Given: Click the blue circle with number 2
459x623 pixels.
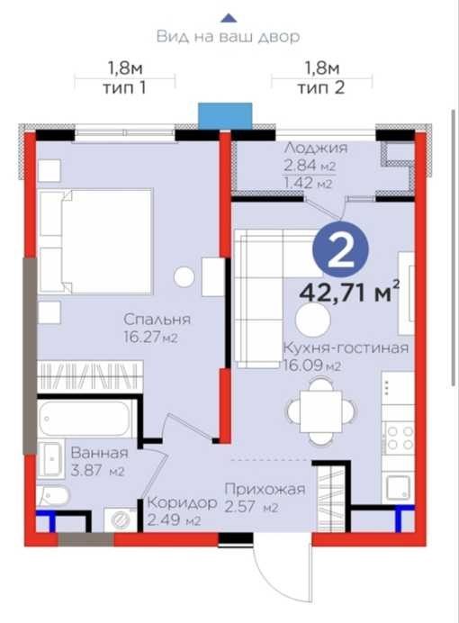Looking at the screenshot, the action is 341,250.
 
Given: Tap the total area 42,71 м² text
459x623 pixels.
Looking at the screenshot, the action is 349,293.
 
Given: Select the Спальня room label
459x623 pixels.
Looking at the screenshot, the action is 157,320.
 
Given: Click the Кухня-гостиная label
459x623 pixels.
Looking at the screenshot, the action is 346,348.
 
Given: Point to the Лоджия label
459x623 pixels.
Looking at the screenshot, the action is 316,148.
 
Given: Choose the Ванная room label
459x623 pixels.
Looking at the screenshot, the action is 100,453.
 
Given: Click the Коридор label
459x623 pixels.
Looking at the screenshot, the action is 182,502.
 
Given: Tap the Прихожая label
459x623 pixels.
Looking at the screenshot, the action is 265,489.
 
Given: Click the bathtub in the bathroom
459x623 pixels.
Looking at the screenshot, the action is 86,418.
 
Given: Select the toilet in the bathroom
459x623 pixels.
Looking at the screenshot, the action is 53,496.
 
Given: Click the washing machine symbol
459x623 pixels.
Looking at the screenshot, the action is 121,519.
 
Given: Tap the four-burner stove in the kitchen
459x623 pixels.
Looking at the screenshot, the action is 399,437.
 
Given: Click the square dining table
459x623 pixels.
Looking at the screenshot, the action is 320,411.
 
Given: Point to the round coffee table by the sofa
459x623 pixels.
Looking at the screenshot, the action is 313,321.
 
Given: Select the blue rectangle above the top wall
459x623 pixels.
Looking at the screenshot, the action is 225,116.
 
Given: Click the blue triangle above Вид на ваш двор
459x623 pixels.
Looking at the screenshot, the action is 229,18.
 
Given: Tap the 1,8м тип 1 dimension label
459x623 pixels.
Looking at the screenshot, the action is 125,77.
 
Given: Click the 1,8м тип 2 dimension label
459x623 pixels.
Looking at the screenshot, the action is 321,77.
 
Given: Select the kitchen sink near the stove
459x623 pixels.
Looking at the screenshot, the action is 398,488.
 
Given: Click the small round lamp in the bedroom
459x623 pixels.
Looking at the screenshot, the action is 184,276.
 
